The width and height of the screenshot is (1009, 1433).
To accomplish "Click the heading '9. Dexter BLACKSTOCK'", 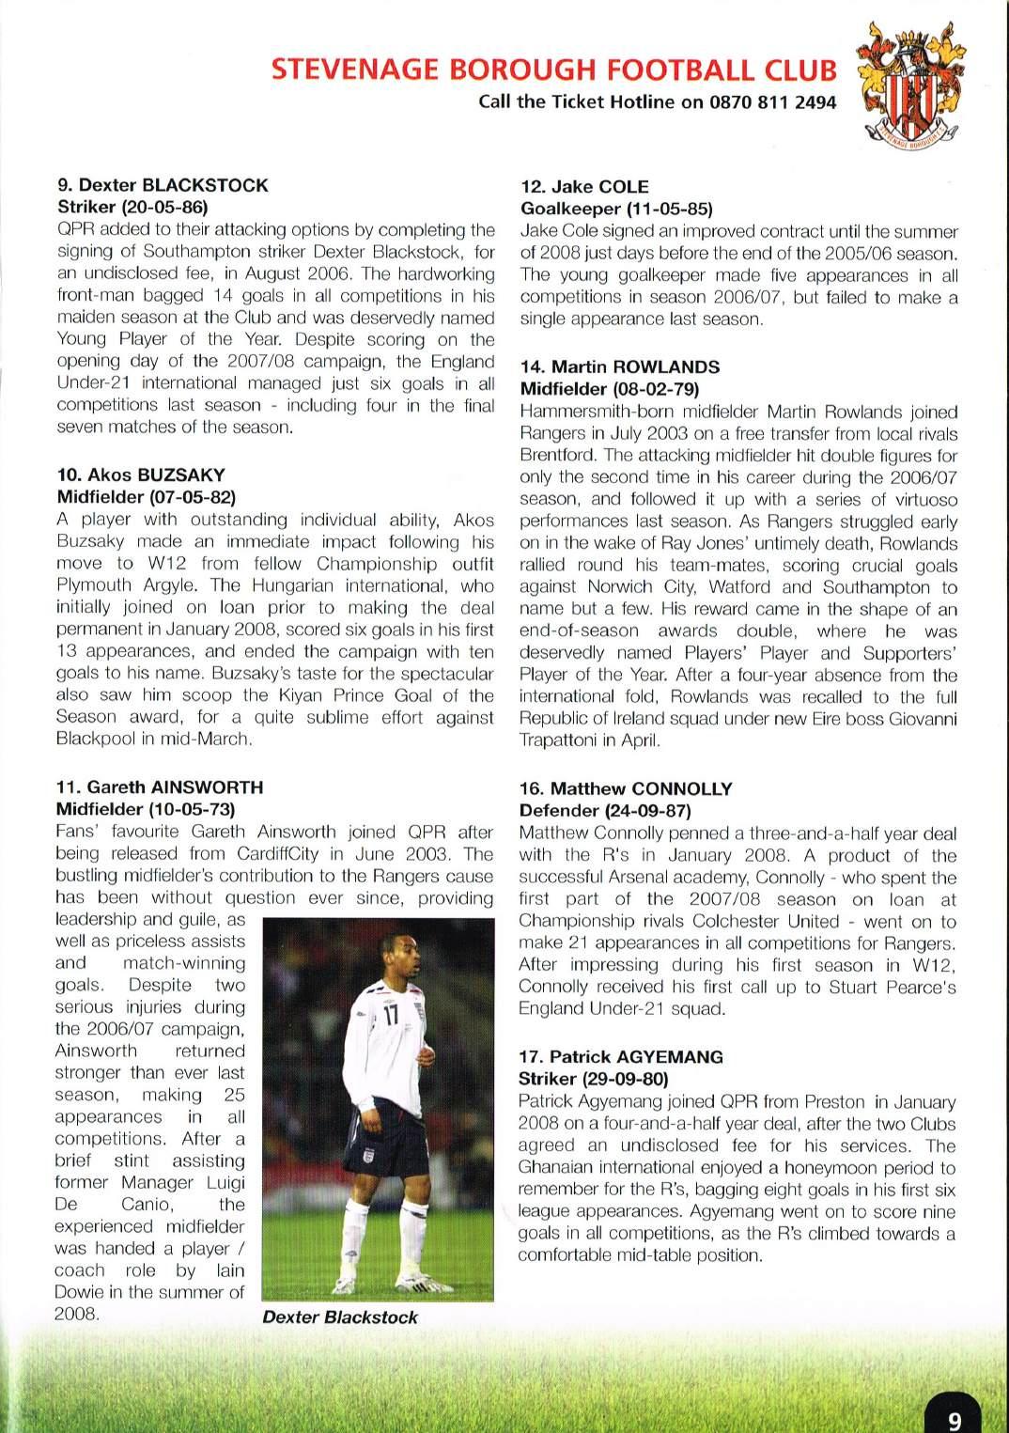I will pos(163,185).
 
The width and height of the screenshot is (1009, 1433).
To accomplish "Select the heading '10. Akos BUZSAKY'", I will pos(141,475).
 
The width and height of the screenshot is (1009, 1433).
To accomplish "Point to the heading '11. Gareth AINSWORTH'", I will pos(160,787).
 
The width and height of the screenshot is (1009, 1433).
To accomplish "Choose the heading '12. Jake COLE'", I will pos(584,186).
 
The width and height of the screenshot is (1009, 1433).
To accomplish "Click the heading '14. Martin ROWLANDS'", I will pos(620,366).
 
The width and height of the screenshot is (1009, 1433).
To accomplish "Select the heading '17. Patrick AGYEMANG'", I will pos(621,1056).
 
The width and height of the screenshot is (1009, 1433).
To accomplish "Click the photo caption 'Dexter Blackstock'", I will pos(340,1316).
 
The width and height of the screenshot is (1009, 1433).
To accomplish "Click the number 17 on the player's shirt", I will pos(392,1017).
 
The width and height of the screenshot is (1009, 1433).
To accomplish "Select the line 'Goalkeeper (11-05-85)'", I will pos(616,209).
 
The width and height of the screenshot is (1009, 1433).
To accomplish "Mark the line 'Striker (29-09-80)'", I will pos(593,1079).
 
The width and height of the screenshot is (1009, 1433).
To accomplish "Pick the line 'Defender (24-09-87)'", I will pos(605,810).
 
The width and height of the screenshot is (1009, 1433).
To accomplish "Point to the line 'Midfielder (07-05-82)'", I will pos(146,496).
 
